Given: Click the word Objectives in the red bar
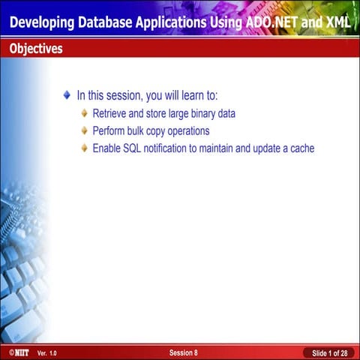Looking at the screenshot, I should (36, 49).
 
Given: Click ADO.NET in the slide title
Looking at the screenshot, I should (271, 22).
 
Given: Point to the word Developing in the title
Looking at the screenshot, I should (44, 22).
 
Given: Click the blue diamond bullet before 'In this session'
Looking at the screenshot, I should (67, 95).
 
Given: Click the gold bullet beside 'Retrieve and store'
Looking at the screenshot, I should (85, 114).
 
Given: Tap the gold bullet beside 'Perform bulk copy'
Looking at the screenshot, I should (85, 130).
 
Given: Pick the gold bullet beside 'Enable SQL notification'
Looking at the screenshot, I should (85, 148).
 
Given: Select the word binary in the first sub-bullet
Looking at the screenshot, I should (204, 114).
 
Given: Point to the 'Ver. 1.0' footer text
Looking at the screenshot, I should (46, 352).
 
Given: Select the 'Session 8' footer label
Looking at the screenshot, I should (184, 352).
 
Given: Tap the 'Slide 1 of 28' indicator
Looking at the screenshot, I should (329, 352).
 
